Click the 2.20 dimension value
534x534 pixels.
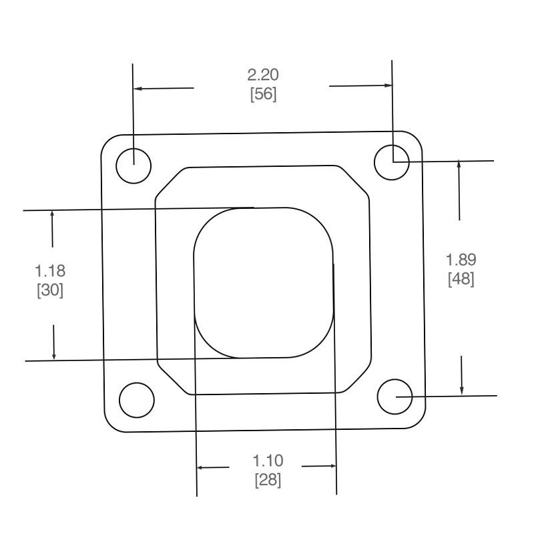[263, 75]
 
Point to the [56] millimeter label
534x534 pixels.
[263, 94]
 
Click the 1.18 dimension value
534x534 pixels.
[50, 271]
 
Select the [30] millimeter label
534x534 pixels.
[50, 290]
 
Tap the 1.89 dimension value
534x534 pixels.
[461, 260]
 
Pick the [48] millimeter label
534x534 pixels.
[461, 279]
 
